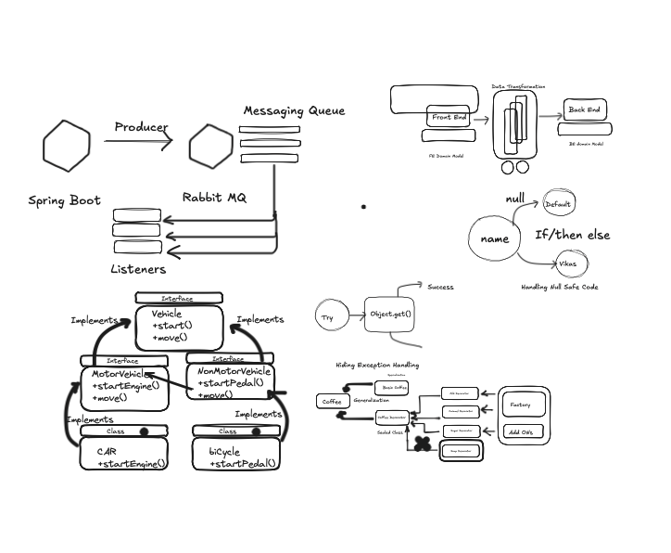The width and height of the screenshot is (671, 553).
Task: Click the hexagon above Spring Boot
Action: coord(67,146)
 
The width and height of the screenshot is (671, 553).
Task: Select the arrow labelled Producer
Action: coord(139,141)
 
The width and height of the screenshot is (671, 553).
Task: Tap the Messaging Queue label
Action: coord(294,110)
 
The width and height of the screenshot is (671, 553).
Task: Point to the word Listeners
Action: coord(138,269)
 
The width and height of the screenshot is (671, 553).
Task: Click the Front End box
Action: coord(449,118)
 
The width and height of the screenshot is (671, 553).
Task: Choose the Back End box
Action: coord(584,110)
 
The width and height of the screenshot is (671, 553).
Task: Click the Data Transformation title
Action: coord(518,86)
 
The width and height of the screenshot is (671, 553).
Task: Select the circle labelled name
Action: coord(495,238)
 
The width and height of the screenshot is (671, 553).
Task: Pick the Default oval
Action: coord(559,204)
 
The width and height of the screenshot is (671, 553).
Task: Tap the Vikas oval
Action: coord(566,264)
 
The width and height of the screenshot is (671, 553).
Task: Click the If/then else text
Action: coord(573,235)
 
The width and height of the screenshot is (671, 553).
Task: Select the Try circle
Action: coord(328,317)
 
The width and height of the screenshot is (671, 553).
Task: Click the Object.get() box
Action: coord(390,315)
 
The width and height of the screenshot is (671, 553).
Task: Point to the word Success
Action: coord(440,287)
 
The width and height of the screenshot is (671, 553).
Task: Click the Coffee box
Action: coord(332,401)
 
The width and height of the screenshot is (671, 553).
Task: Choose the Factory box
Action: coord(520,405)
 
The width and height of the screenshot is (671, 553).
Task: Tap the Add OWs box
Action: coord(520,431)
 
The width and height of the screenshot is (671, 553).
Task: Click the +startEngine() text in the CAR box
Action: coord(131,463)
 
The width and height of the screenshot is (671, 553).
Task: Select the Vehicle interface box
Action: coord(179,327)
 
